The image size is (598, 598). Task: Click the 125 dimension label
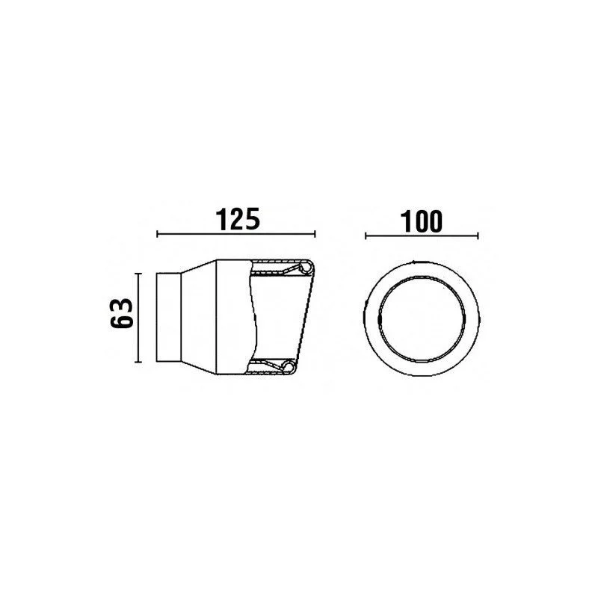(x=238, y=219)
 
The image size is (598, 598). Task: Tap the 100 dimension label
(x=422, y=221)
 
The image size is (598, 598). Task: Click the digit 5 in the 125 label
(x=253, y=219)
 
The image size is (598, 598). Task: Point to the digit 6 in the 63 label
(x=122, y=321)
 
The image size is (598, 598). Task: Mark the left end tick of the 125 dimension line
(x=158, y=234)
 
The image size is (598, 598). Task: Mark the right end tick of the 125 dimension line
(x=315, y=234)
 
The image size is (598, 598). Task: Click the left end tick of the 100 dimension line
(x=366, y=236)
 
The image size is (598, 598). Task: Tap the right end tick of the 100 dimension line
(x=478, y=236)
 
